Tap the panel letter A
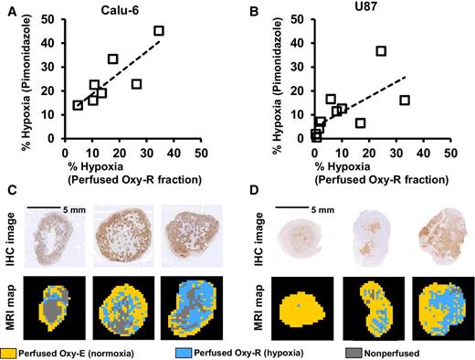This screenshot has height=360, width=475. point(8,9)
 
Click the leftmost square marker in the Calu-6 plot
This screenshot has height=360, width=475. point(78,105)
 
